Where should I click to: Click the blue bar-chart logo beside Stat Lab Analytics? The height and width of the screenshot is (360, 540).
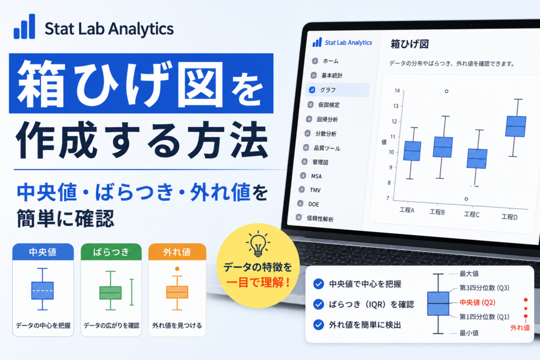point(24,26)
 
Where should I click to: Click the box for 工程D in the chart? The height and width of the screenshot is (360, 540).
point(516,127)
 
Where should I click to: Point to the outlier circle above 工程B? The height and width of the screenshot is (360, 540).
point(446,91)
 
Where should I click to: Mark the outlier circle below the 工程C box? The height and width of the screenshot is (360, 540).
point(466,199)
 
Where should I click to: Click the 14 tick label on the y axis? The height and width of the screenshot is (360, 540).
point(397,91)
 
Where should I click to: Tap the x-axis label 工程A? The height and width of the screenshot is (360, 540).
point(407,210)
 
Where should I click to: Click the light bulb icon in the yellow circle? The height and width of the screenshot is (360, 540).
point(258,244)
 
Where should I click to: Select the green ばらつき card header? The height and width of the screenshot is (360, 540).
point(111,252)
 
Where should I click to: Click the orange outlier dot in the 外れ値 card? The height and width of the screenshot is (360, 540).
point(177,269)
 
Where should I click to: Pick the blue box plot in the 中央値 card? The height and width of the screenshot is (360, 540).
point(42,289)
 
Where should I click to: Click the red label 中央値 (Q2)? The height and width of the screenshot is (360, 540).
point(477,303)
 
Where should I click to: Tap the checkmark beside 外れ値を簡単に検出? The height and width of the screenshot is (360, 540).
point(319,325)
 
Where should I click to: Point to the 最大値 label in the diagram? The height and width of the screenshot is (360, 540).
point(469,274)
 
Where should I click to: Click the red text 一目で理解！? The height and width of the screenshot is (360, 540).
point(258,283)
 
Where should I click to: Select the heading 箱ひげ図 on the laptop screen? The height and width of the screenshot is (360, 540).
point(409,44)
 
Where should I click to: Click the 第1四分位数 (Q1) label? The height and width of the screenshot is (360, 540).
point(484,317)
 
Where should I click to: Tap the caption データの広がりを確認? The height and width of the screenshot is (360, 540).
point(111,326)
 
